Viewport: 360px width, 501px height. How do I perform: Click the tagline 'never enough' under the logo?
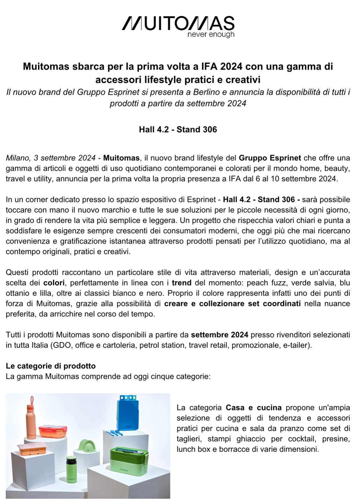point(211,34)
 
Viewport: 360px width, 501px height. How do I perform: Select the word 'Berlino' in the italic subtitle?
point(206,93)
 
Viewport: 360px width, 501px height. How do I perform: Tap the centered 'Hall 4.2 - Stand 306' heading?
point(178,129)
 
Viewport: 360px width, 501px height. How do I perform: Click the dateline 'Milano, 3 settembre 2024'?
point(50,158)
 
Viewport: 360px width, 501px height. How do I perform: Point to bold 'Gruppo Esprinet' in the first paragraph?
point(270,158)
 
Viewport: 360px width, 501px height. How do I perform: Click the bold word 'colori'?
point(54,283)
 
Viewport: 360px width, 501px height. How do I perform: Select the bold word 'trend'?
point(181,283)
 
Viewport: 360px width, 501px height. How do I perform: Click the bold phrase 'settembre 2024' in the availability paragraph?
point(219,335)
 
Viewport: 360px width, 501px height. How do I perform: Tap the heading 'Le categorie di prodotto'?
point(50,366)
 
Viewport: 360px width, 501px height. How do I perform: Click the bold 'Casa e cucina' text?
point(253,408)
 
